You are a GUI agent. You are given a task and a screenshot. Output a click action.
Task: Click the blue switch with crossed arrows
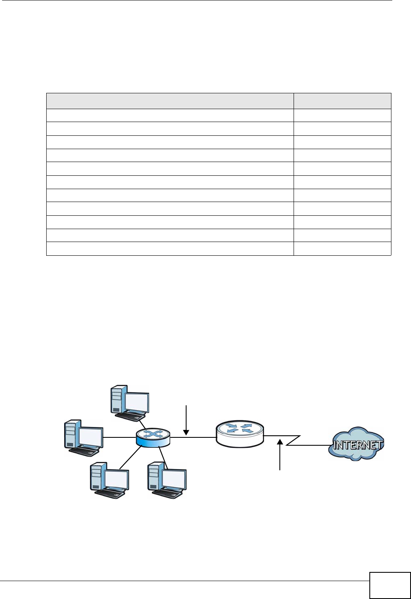[153, 439]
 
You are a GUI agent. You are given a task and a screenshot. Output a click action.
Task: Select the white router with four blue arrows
[240, 434]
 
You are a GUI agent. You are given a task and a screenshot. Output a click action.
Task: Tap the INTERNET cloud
[357, 444]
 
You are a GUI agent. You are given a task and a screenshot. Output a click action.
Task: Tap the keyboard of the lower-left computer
[110, 494]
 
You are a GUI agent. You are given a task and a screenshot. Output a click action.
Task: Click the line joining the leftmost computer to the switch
[120, 437]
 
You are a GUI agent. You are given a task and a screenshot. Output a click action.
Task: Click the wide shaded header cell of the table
[169, 101]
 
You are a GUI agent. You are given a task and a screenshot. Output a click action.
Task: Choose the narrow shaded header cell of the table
[342, 101]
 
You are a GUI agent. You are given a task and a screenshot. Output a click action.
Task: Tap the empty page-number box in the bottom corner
[390, 585]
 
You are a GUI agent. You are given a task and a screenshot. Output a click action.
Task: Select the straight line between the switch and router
[193, 437]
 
